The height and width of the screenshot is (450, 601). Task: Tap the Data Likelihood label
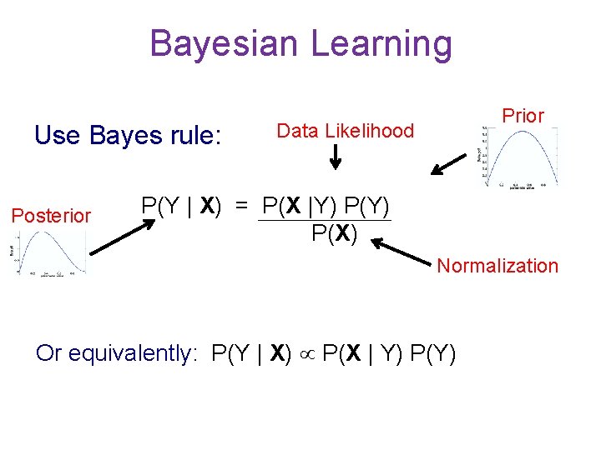[345, 131]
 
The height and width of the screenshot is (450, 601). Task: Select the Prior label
[523, 116]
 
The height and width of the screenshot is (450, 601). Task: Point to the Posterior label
[51, 216]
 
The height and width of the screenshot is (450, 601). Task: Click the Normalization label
[497, 266]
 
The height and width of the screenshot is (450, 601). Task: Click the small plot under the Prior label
[519, 155]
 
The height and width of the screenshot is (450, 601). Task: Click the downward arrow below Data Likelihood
[335, 155]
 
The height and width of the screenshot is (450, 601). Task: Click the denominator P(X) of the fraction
[334, 234]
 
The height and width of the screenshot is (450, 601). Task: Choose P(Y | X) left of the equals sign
[181, 205]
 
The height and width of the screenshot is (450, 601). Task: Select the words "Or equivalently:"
[114, 354]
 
